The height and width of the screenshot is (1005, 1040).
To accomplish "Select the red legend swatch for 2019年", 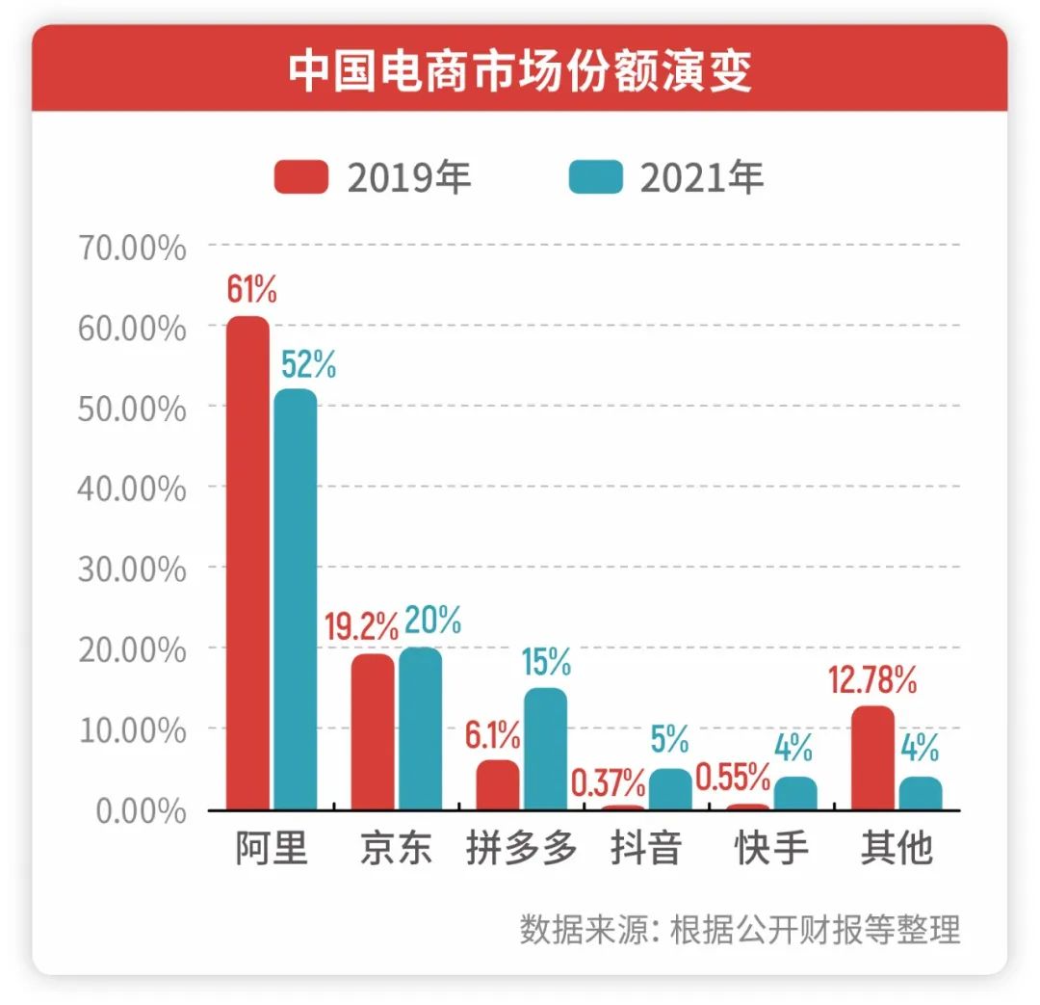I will pyautogui.click(x=300, y=177).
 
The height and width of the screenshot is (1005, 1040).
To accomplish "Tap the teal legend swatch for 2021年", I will pyautogui.click(x=595, y=177).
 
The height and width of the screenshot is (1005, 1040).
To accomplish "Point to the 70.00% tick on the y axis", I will pyautogui.click(x=130, y=248).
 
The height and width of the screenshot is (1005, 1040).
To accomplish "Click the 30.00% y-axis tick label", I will pyautogui.click(x=130, y=569).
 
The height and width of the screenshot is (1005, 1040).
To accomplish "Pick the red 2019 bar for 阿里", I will pyautogui.click(x=248, y=564).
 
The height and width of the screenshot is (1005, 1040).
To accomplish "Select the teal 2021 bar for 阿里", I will pyautogui.click(x=295, y=599).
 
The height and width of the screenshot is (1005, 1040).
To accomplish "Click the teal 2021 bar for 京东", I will pyautogui.click(x=420, y=728).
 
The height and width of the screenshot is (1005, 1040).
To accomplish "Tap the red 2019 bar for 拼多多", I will pyautogui.click(x=497, y=784).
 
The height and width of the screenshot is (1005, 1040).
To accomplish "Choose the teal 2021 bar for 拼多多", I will pyautogui.click(x=545, y=749).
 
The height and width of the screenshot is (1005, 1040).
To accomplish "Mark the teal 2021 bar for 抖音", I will pyautogui.click(x=670, y=789).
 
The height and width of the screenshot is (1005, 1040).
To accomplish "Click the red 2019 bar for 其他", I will pyautogui.click(x=872, y=757).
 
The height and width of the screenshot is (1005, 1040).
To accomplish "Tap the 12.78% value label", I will pyautogui.click(x=872, y=681).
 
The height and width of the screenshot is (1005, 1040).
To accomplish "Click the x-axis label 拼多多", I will pyautogui.click(x=521, y=849).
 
